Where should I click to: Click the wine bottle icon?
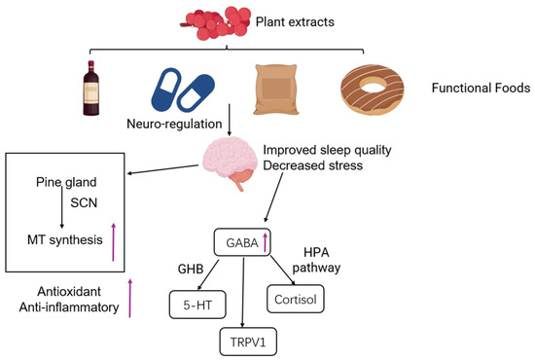tap(91, 88)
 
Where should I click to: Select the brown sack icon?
tap(276, 90)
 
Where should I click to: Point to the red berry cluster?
tap(216, 22)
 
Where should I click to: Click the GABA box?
tap(242, 242)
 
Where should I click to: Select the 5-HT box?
tap(197, 305)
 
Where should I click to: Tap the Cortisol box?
tap(296, 299)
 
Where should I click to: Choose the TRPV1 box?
tap(248, 342)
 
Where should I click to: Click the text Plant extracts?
tap(295, 21)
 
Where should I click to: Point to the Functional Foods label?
tap(481, 88)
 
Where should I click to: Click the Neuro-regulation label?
tap(174, 124)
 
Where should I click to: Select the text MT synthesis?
tap(65, 240)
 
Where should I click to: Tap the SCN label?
tap(84, 203)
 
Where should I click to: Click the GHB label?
tap(191, 270)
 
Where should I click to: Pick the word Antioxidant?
tap(69, 292)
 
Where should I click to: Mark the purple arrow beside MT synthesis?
tap(114, 242)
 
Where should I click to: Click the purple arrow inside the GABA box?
tap(265, 242)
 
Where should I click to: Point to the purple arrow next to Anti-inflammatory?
tap(129, 298)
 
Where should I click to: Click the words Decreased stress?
tap(313, 165)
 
